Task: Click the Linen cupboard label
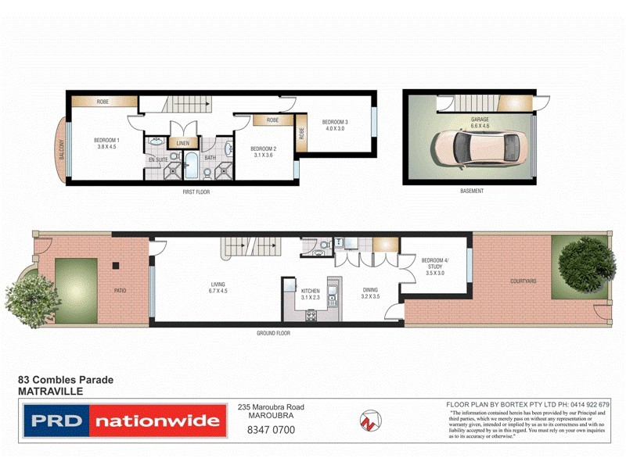(183, 143)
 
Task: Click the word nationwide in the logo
(156, 421)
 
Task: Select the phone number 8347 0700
(271, 429)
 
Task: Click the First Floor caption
(196, 192)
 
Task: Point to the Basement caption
(472, 192)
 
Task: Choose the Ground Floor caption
(273, 333)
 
